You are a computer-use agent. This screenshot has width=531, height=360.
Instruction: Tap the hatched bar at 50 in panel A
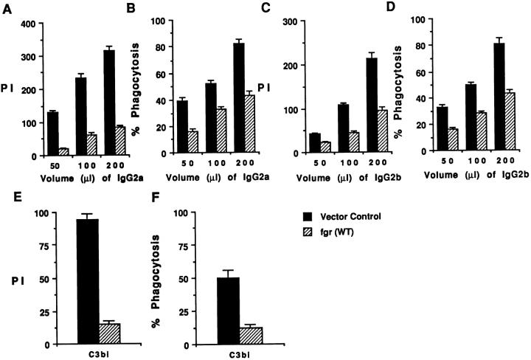[63, 152]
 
